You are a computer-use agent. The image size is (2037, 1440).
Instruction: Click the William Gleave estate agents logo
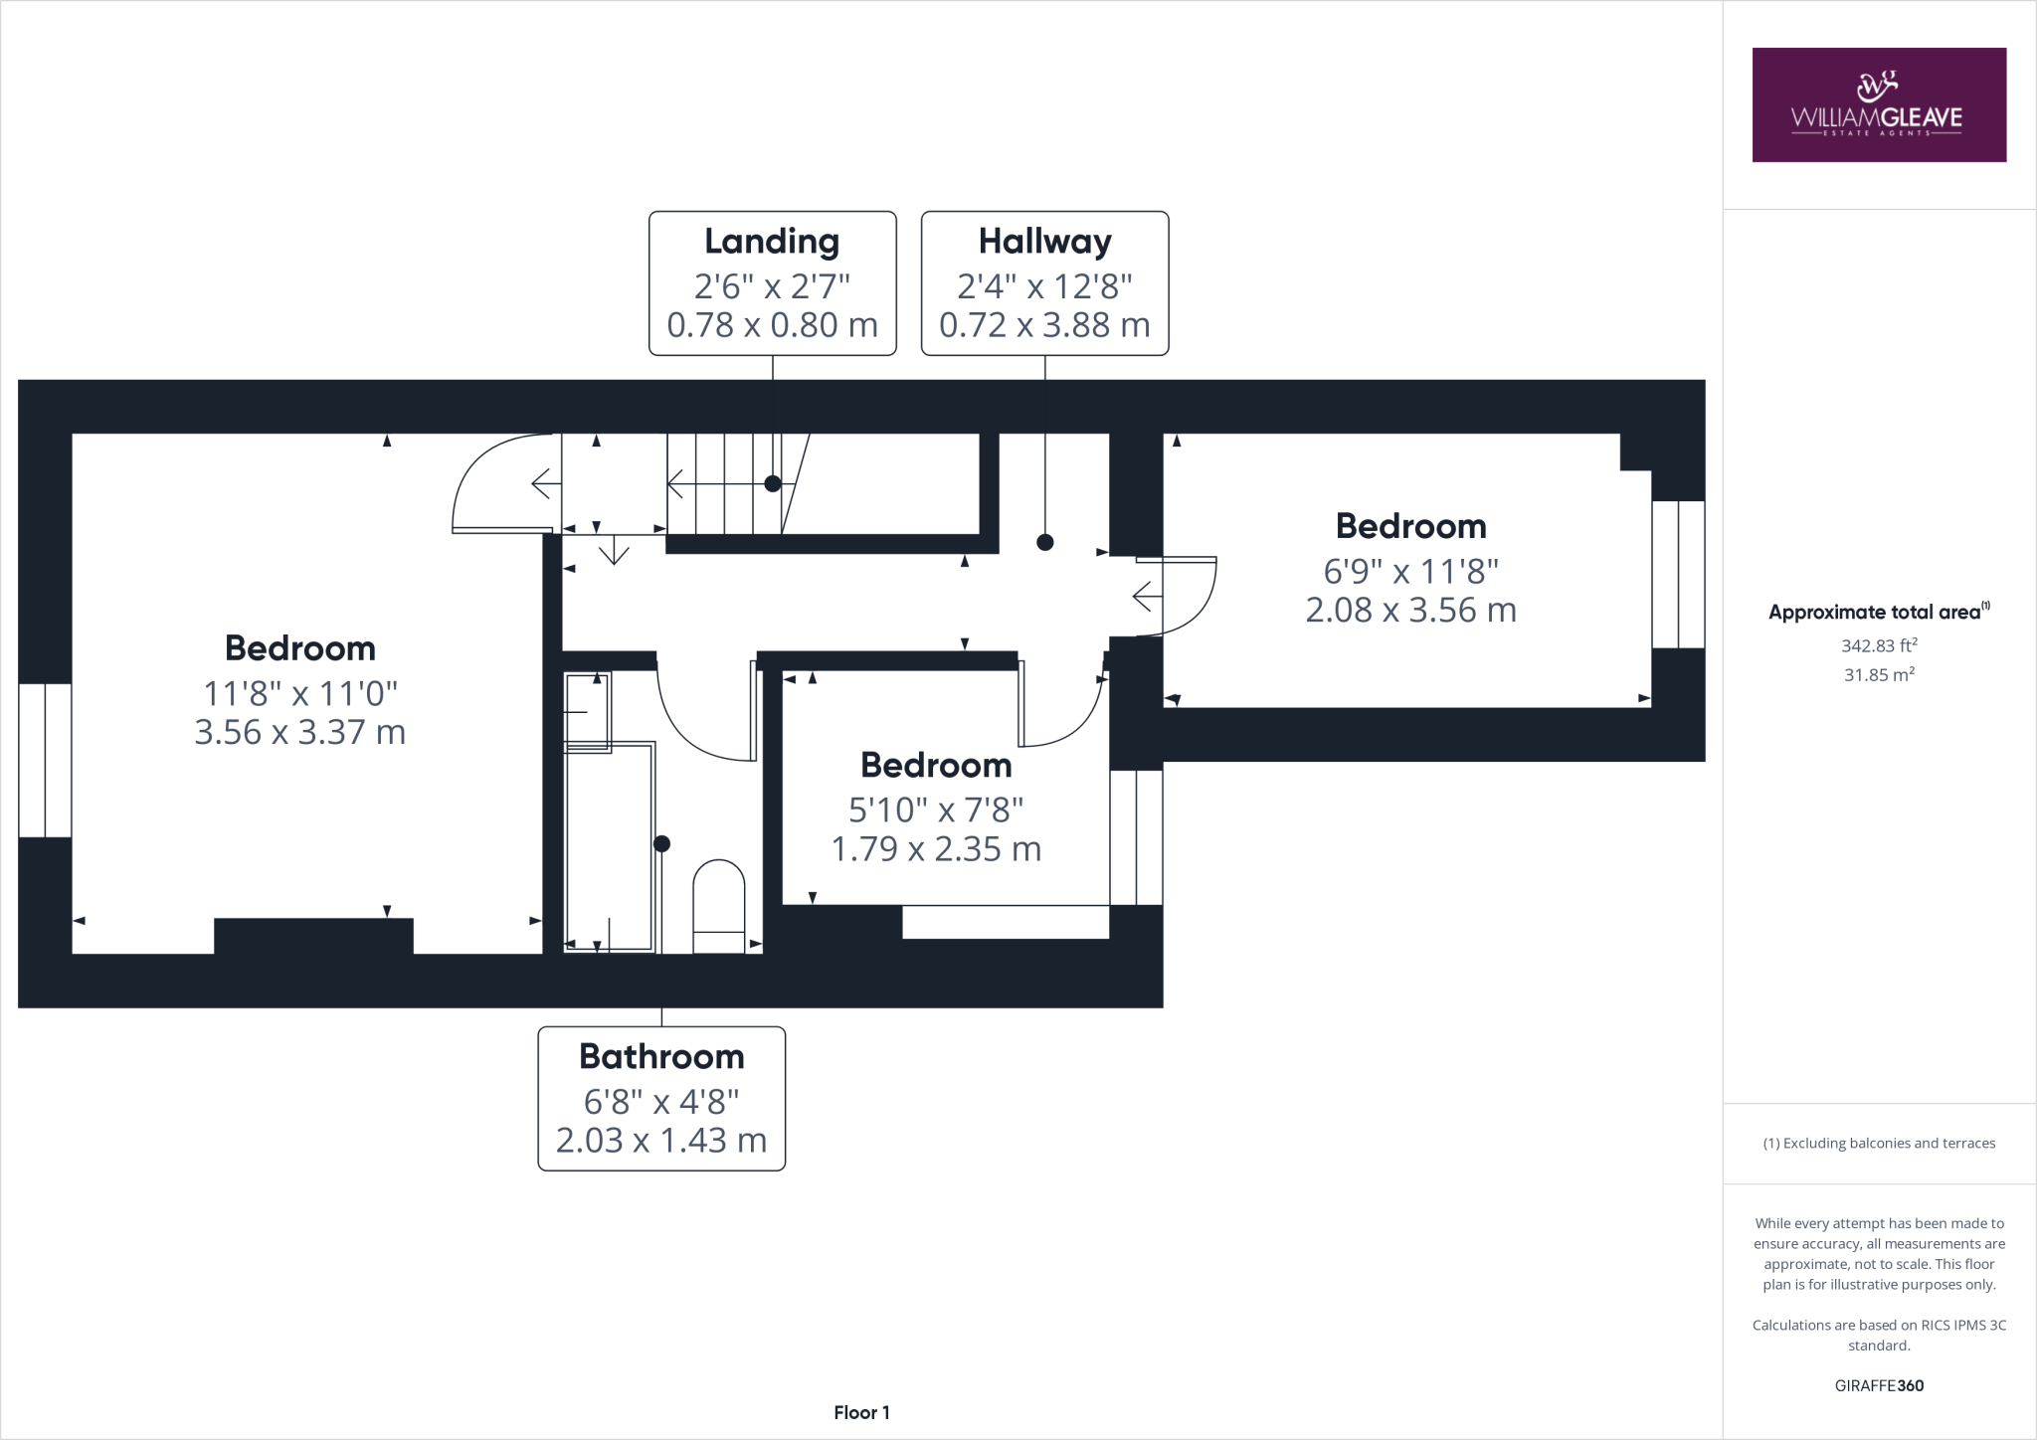1878,104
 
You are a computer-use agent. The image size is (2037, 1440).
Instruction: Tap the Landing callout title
772,242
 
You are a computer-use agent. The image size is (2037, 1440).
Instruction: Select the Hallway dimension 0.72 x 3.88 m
1044,325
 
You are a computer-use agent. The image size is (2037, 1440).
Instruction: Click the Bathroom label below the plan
661,1056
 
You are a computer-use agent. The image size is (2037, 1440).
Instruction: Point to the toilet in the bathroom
718,905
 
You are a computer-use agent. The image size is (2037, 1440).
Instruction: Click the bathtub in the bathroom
609,845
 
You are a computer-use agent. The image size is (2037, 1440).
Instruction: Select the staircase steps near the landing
724,484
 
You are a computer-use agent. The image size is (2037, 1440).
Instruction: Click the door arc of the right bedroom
1184,597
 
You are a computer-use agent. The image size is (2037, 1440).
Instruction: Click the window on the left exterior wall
45,760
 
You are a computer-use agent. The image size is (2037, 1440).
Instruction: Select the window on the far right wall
1678,574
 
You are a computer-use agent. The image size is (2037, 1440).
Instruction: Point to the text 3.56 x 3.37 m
299,733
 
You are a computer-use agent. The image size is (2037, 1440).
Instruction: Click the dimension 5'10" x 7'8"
936,810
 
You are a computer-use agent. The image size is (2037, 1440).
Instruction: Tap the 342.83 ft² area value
1878,645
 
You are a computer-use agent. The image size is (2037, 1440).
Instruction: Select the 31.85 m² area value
1878,674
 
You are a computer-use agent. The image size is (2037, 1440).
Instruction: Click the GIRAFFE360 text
1878,1385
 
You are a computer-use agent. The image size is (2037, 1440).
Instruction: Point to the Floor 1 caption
861,1412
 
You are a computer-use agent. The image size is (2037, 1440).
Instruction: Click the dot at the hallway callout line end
1044,542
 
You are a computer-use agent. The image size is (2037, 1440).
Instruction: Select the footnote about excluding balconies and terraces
1878,1144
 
